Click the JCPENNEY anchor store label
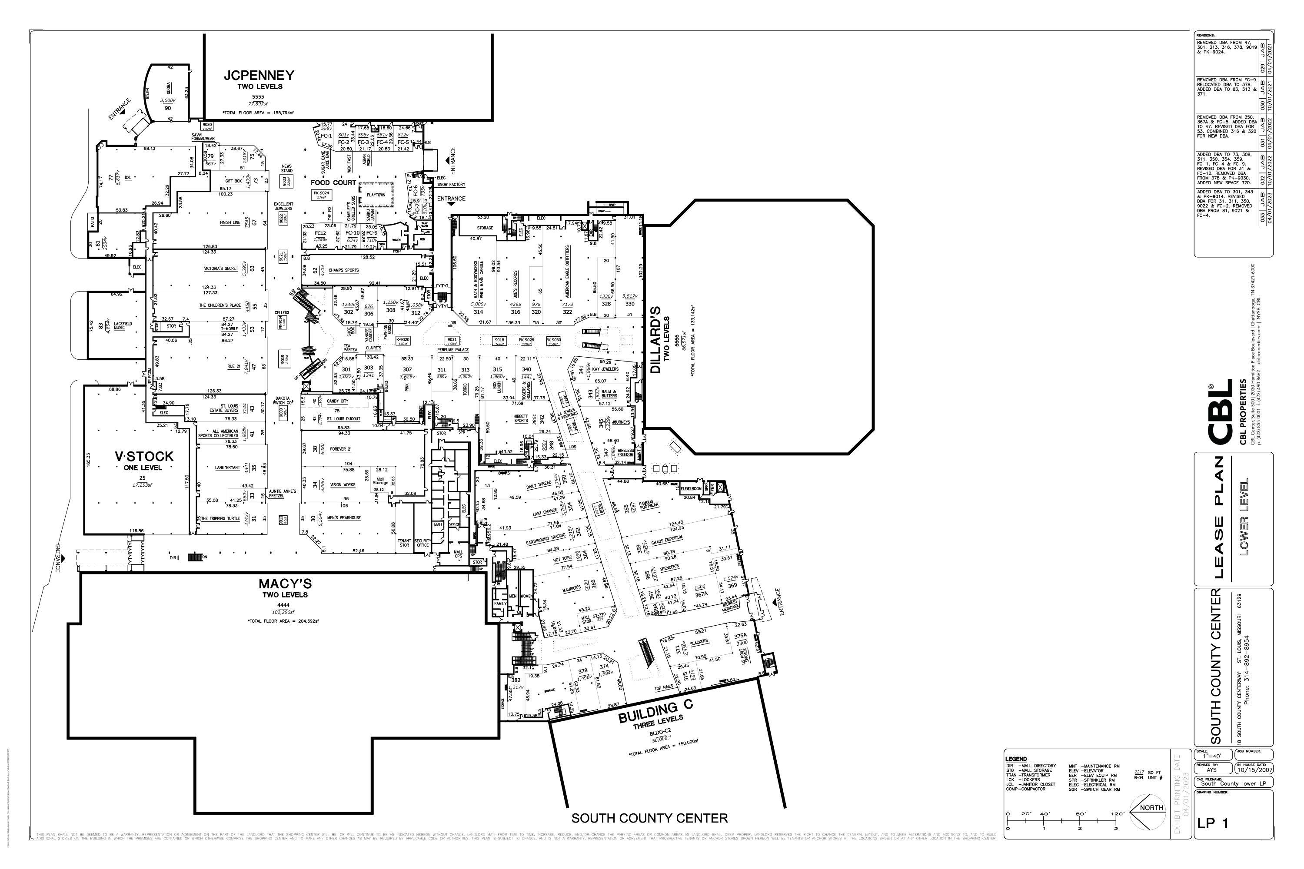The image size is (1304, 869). point(259,75)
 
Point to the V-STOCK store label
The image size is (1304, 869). point(143,456)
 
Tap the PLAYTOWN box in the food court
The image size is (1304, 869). point(376,195)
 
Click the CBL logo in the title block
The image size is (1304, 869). point(1220,412)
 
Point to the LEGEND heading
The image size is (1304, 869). point(1016,759)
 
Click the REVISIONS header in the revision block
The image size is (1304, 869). point(1206,35)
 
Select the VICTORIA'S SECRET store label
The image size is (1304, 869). point(221,268)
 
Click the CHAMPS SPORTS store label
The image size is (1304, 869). point(343,270)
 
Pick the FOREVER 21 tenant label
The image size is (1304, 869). point(340,449)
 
